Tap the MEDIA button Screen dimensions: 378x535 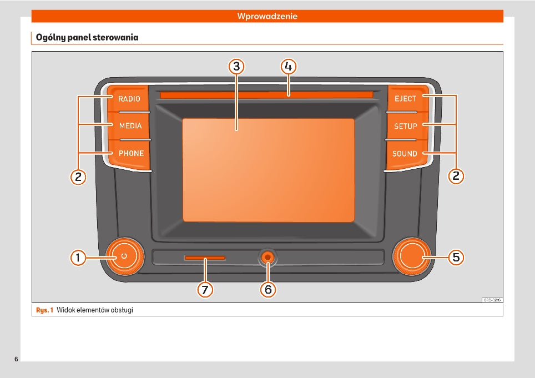pyautogui.click(x=130, y=125)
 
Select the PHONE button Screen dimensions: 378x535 pyautogui.click(x=131, y=153)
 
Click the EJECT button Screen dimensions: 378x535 pyautogui.click(x=405, y=99)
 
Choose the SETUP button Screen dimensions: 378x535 pyautogui.click(x=405, y=126)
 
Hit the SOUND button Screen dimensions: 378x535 pyautogui.click(x=405, y=154)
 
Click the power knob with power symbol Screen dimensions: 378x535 pyautogui.click(x=123, y=256)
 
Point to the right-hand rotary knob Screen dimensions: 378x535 pyautogui.click(x=411, y=256)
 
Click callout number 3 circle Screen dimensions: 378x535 pyautogui.click(x=237, y=67)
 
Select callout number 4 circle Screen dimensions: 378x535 pyautogui.click(x=288, y=67)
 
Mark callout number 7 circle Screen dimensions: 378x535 pyautogui.click(x=205, y=289)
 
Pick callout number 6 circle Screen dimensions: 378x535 pyautogui.click(x=268, y=289)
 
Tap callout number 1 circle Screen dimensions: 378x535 pyautogui.click(x=78, y=257)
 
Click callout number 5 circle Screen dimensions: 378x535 pyautogui.click(x=456, y=257)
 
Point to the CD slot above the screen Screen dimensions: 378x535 pyautogui.click(x=266, y=95)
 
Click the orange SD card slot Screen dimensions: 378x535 pyautogui.click(x=205, y=258)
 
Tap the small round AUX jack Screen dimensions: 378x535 pyautogui.click(x=268, y=257)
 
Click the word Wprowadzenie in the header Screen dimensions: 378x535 pyautogui.click(x=267, y=16)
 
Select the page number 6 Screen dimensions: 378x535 pyautogui.click(x=16, y=359)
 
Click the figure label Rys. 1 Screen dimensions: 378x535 pyautogui.click(x=44, y=310)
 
